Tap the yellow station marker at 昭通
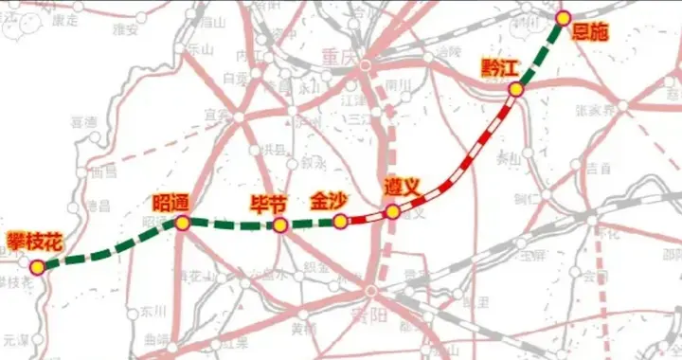click(x=182, y=223)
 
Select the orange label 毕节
click(x=268, y=203)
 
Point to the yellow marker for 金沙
click(x=339, y=222)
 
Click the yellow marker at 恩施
click(x=563, y=17)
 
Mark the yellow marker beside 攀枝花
click(x=37, y=267)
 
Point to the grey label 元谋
click(x=16, y=337)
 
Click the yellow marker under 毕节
click(x=280, y=225)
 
